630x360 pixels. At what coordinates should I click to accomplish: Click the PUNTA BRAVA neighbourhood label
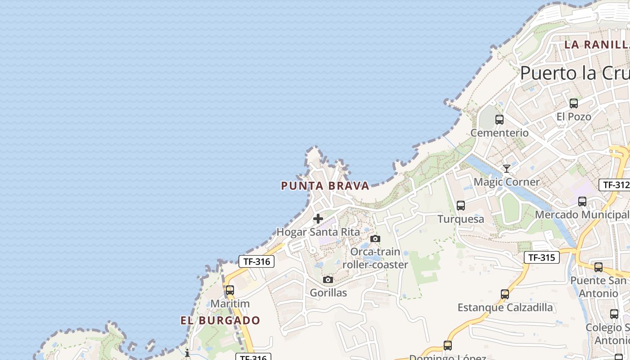coord(325,185)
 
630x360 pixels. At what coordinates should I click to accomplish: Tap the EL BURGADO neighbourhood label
coord(220,320)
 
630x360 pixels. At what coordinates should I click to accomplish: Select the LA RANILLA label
coord(597,45)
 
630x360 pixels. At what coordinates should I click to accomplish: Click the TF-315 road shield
coord(542,257)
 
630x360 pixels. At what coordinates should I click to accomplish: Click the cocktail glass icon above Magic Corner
coord(507,169)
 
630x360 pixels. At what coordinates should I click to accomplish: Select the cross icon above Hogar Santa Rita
coord(318,219)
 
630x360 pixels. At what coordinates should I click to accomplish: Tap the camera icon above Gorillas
coord(328,280)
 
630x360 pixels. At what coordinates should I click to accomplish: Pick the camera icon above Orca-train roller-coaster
coord(375,238)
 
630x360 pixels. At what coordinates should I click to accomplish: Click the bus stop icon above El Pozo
coord(574,103)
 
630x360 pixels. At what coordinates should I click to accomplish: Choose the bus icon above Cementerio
coord(499,120)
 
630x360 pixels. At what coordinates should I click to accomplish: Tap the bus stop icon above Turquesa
coord(461,206)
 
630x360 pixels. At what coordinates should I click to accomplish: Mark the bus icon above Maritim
coord(230,290)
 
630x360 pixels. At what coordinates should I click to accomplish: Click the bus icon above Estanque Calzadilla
coord(505,294)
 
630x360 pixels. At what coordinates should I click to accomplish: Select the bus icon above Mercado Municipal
coord(582,202)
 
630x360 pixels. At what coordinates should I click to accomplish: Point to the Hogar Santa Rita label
coord(318,232)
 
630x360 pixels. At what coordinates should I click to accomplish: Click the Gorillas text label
coord(328,293)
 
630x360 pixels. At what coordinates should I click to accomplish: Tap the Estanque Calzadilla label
coord(505,307)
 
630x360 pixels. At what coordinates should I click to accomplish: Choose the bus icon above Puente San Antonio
coord(598,267)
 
